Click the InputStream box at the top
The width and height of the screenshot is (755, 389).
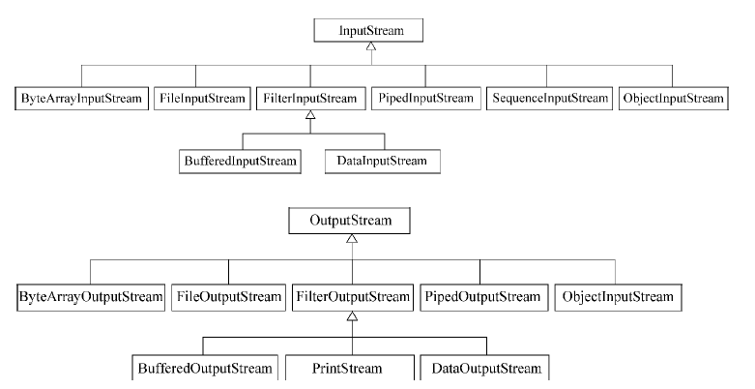click(x=372, y=32)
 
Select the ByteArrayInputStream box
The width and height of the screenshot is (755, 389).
click(x=81, y=99)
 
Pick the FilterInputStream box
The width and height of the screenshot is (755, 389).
click(x=310, y=99)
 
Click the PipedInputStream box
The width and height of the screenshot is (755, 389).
click(x=425, y=99)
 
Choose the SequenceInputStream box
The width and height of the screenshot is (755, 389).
click(x=550, y=99)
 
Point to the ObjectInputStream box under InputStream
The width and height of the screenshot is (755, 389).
click(x=674, y=99)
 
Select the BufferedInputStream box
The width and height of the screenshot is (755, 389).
click(x=240, y=160)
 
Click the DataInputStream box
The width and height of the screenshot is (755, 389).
click(x=383, y=160)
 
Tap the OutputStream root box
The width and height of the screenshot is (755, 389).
click(x=351, y=222)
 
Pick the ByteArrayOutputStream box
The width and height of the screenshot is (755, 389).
click(x=91, y=294)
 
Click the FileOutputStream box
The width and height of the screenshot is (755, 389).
click(x=227, y=294)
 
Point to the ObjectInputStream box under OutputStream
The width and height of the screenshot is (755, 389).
click(x=615, y=294)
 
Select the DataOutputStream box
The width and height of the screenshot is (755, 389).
click(x=480, y=369)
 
